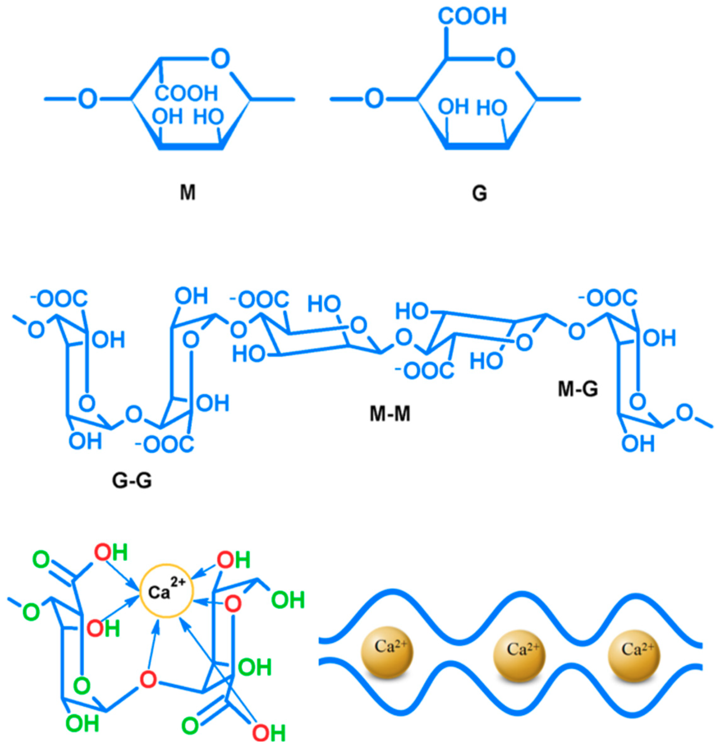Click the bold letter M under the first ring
tap(187, 193)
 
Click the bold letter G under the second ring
tap(479, 194)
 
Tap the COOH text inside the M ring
tap(186, 93)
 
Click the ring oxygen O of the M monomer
tap(221, 59)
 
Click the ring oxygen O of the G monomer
tap(506, 59)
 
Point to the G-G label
tap(132, 480)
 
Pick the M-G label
tap(578, 389)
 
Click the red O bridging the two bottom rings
tap(148, 679)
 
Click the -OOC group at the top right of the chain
tap(608, 298)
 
